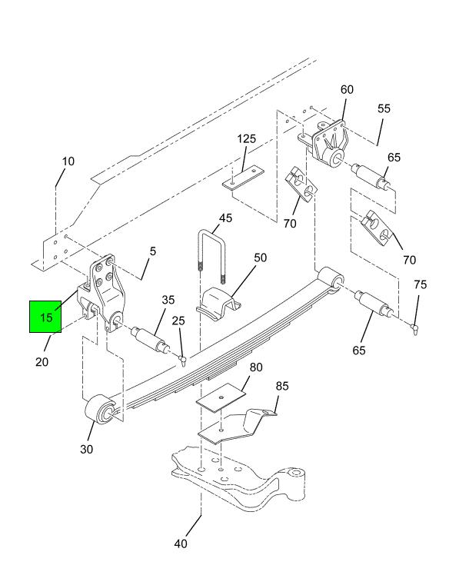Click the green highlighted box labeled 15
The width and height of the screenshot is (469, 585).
(47, 316)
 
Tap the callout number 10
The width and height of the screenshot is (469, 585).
(68, 161)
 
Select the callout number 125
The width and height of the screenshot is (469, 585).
(246, 139)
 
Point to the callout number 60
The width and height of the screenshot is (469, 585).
(347, 90)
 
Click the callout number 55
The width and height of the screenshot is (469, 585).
(384, 108)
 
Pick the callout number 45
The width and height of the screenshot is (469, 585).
(225, 218)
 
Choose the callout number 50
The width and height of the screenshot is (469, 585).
(261, 258)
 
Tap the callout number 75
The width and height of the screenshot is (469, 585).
(420, 284)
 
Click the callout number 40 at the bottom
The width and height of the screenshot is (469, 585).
(181, 544)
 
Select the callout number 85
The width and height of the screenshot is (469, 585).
(282, 386)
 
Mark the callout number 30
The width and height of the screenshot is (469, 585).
(87, 449)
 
